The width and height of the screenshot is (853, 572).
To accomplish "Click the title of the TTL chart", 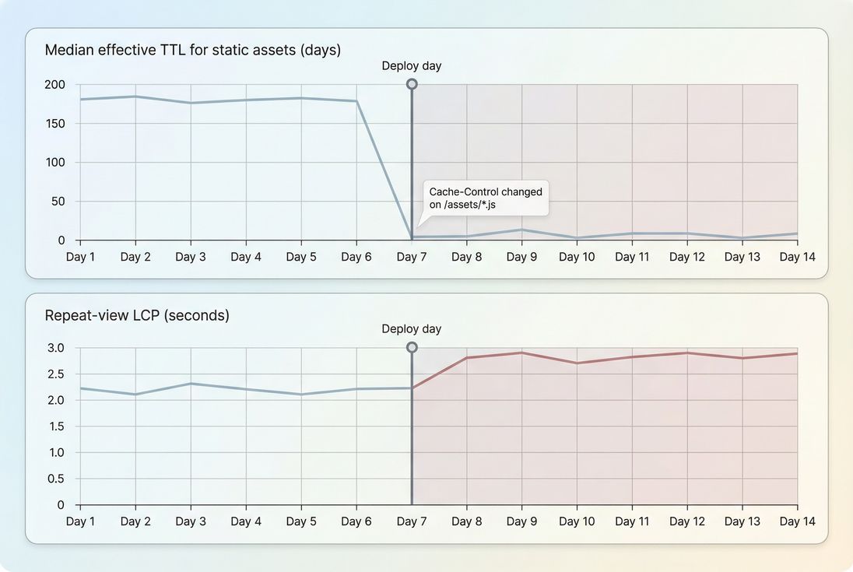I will [192, 50].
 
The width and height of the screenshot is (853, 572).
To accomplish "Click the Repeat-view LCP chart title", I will [137, 315].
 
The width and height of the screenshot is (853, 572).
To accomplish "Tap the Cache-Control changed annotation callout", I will [486, 198].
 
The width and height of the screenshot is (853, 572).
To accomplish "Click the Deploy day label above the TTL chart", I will [411, 66].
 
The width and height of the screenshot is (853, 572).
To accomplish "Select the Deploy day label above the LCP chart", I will [411, 329].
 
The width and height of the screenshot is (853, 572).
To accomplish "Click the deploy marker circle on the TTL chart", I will [412, 84].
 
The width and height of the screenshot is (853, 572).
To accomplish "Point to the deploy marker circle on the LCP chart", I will [412, 347].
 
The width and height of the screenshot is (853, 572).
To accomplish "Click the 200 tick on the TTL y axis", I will [55, 85].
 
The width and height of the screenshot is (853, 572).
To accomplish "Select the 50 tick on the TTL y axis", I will [58, 202].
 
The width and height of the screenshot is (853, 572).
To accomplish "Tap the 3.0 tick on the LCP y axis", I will [56, 348].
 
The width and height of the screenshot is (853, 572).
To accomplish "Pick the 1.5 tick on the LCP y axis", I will [56, 426].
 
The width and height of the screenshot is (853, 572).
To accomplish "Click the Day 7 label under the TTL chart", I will [412, 257].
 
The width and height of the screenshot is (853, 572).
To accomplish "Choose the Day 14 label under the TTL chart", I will [797, 257].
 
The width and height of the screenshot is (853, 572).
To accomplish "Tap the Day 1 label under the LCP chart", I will [80, 521].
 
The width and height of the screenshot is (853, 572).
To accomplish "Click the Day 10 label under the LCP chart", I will [577, 521].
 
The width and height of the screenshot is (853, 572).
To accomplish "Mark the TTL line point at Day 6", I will [356, 101].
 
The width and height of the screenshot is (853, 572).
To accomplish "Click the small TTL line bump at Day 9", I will [522, 230].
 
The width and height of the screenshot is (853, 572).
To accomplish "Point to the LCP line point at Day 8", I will [467, 357].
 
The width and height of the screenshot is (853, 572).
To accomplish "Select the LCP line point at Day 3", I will [191, 384].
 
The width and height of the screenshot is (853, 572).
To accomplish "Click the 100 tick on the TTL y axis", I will [55, 163].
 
